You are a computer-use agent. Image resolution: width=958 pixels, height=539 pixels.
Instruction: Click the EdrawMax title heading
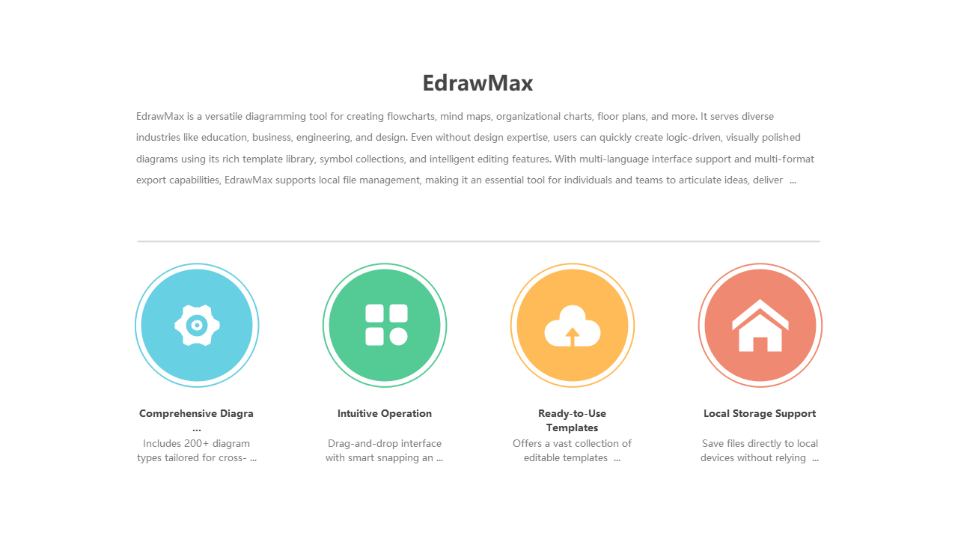pos(478,83)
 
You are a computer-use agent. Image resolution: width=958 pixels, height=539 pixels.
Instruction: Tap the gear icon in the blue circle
pos(197,325)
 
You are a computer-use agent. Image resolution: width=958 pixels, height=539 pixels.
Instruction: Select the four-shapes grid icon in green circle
pos(385,325)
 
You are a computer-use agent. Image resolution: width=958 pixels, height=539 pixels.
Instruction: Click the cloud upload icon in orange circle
pos(573,326)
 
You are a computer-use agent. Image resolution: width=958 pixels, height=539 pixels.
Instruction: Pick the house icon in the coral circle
pos(760,326)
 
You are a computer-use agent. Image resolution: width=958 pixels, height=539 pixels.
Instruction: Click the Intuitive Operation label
pos(384,413)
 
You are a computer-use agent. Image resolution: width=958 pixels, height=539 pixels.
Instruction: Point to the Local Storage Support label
pos(759,413)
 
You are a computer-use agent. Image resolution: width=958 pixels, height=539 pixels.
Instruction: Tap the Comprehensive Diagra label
pos(196,413)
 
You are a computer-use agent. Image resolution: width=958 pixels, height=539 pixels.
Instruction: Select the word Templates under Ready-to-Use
pos(572,428)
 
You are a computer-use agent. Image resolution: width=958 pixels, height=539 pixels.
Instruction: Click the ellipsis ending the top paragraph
pos(793,181)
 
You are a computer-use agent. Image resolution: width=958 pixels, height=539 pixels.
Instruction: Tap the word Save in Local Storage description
pos(713,443)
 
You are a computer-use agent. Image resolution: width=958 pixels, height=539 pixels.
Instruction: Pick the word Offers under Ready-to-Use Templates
pos(527,443)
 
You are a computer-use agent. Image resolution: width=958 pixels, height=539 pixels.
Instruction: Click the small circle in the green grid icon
pos(398,337)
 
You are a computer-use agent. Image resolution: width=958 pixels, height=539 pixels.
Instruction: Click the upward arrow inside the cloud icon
pos(573,337)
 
